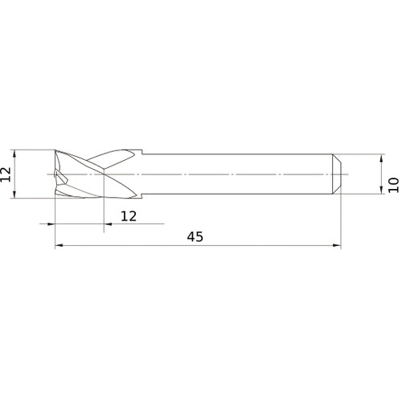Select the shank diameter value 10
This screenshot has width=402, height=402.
coord(392,184)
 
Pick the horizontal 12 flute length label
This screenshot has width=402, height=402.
coord(129,215)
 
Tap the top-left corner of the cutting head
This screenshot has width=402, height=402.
coord(55,150)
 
